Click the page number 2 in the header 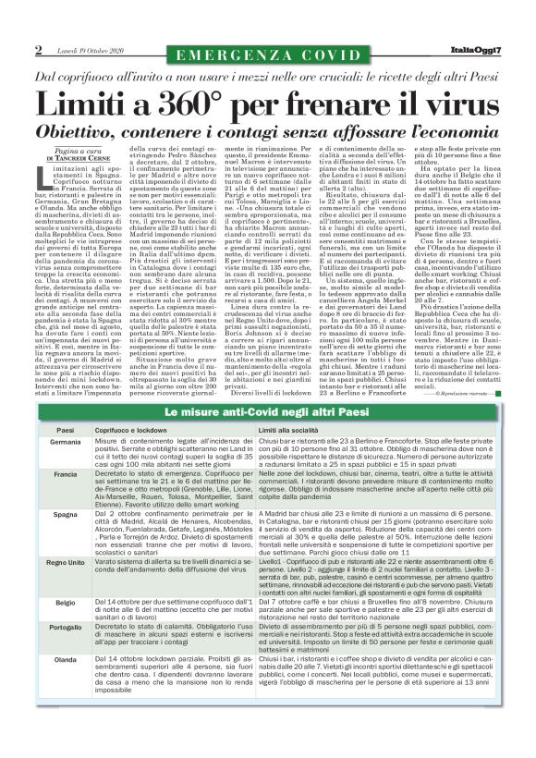tap(39, 49)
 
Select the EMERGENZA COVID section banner tap(267, 55)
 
